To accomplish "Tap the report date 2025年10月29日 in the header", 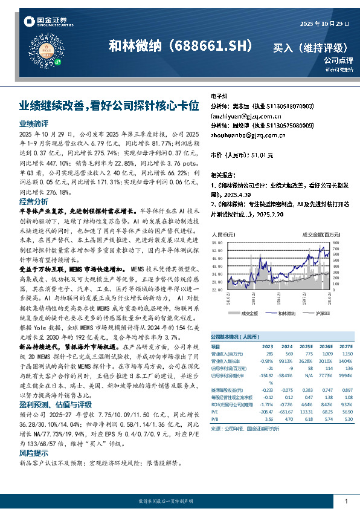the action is click(x=324, y=24).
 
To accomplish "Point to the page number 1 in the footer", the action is click(x=346, y=502).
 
